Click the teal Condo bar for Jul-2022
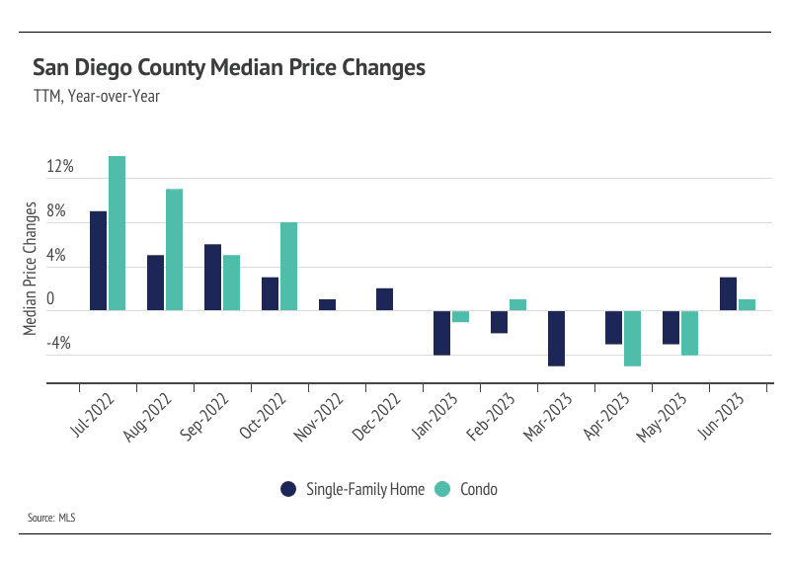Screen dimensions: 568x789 pos(117,233)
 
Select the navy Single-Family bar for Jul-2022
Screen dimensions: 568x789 pos(98,261)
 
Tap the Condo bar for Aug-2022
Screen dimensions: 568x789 pos(174,250)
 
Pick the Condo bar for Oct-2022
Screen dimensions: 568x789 pos(288,267)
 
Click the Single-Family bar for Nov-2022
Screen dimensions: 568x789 pos(327,305)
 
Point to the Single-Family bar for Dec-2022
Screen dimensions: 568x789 pos(384,299)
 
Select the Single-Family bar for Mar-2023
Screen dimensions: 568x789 pos(556,339)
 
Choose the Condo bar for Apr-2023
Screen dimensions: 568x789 pos(632,339)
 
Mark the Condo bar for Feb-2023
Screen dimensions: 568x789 pos(517,305)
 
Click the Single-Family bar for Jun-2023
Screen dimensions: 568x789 pos(728,294)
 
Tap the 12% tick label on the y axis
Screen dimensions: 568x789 pos(60,167)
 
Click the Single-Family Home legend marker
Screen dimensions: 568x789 pos(288,488)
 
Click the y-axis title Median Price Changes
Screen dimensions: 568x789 pos(31,269)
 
